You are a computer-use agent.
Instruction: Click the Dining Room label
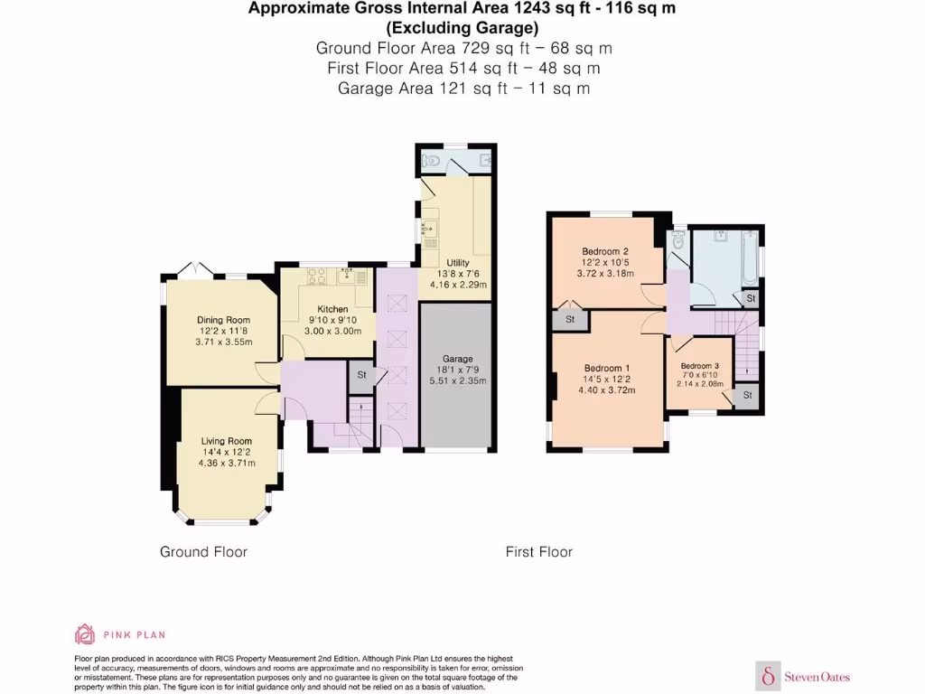(223, 320)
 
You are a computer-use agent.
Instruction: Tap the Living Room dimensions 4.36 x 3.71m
(227, 463)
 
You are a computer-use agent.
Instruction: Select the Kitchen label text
(332, 309)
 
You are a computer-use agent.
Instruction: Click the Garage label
(457, 359)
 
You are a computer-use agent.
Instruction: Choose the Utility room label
(457, 263)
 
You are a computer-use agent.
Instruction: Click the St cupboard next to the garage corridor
(361, 374)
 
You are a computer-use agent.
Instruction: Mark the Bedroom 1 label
(606, 368)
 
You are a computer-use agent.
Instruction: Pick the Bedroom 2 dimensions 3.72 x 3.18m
(604, 273)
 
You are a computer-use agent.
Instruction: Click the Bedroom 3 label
(699, 365)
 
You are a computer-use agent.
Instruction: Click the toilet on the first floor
(677, 240)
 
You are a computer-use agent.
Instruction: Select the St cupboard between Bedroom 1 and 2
(570, 319)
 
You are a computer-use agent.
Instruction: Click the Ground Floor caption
(203, 551)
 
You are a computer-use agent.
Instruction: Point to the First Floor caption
(539, 551)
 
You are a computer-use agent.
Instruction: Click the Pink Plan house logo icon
(85, 634)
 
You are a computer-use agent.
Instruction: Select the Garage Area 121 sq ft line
(463, 88)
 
